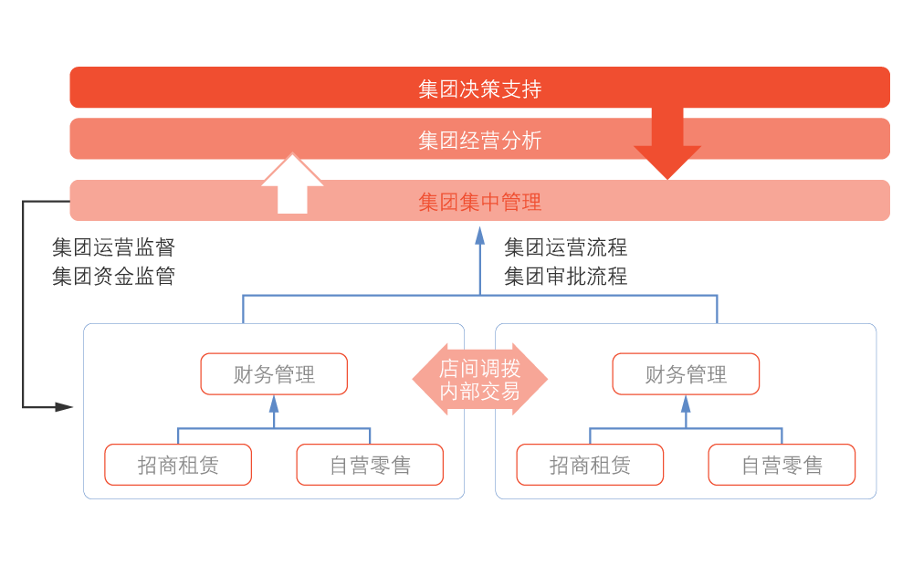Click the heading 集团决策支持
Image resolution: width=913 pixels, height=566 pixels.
pyautogui.click(x=479, y=89)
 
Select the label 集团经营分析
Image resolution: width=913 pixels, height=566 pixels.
pyautogui.click(x=479, y=140)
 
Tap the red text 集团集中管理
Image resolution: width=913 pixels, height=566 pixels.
pyautogui.click(x=479, y=202)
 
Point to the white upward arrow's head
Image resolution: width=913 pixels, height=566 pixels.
pyautogui.click(x=292, y=171)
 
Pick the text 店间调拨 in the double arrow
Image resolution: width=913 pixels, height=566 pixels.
pyautogui.click(x=479, y=369)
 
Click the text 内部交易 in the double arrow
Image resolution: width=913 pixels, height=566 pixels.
pyautogui.click(x=479, y=392)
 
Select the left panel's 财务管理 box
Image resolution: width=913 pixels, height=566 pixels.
pyautogui.click(x=274, y=374)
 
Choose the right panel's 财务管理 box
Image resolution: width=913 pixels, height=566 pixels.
pyautogui.click(x=686, y=374)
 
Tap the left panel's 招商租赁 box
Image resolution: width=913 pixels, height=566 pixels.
pyautogui.click(x=178, y=466)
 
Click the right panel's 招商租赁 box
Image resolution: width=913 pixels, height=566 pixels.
pyautogui.click(x=590, y=466)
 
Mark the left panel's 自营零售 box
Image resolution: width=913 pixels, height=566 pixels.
pyautogui.click(x=370, y=466)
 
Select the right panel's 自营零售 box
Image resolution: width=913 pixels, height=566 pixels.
pyautogui.click(x=782, y=466)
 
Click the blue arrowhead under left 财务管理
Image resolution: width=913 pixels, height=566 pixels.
pyautogui.click(x=274, y=404)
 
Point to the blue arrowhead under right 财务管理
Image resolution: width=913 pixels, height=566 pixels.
pyautogui.click(x=686, y=404)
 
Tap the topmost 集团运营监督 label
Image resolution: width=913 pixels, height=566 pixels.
pyautogui.click(x=114, y=246)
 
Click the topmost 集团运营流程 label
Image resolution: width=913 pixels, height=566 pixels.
pyautogui.click(x=566, y=246)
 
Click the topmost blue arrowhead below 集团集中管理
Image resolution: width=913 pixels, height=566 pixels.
pyautogui.click(x=480, y=234)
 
